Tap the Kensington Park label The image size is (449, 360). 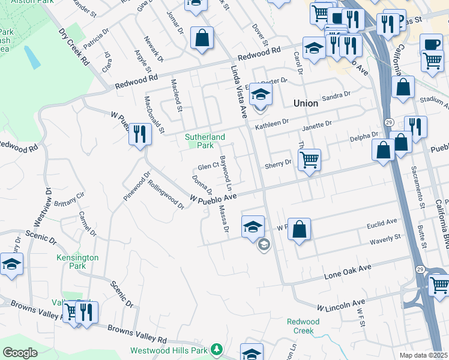(77, 261)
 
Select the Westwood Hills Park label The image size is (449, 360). (169, 350)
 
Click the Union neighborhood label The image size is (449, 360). (306, 103)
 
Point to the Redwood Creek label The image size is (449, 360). (303, 326)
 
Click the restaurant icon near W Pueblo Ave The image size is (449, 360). (140, 134)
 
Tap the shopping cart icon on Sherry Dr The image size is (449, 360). (309, 160)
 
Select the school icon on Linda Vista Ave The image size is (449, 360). (261, 94)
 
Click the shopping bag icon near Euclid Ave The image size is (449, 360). (300, 229)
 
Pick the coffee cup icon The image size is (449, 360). (431, 45)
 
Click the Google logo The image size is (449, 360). (20, 353)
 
